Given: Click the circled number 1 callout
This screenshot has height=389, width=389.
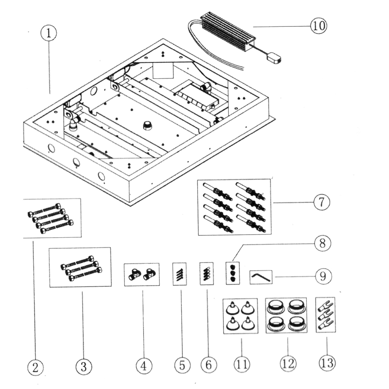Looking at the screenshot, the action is click(49, 33).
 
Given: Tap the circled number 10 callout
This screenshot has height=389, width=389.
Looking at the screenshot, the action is click(319, 26).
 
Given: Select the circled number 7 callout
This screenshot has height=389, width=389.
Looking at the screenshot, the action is click(322, 202).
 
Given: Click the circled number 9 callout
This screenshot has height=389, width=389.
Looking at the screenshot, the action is click(323, 276).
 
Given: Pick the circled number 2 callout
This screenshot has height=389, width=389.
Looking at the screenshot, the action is click(35, 367).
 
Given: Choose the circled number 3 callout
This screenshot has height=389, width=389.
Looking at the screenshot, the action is click(84, 366).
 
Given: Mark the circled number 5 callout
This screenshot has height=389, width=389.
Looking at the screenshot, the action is click(182, 365).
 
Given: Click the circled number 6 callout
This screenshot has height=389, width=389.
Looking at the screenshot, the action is click(209, 365).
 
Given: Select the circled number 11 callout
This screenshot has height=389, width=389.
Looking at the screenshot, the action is click(242, 364).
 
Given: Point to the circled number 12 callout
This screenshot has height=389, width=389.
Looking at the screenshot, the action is click(288, 363).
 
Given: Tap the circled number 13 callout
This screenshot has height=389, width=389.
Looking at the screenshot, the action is click(327, 363).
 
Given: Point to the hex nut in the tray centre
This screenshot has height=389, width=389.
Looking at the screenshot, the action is click(147, 126).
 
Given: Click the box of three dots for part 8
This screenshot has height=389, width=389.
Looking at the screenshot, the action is click(233, 273).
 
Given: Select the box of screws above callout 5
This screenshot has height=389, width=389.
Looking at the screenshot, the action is click(180, 274).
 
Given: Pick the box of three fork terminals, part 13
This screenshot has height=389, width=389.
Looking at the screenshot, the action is click(325, 315).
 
